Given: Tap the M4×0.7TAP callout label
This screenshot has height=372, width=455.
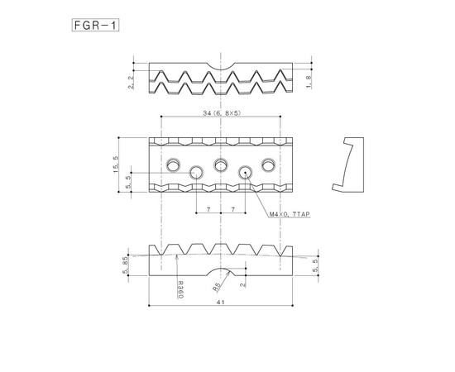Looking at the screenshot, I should [289, 213].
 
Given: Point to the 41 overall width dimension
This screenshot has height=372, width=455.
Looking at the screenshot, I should [221, 303].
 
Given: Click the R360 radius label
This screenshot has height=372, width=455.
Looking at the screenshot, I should [180, 289].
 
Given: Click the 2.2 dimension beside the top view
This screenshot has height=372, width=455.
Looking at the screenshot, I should [131, 83].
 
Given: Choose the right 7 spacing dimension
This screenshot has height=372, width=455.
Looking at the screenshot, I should [235, 210].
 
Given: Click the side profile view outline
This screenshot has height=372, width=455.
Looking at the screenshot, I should [350, 160].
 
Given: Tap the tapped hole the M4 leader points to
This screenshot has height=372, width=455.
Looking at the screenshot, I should [245, 172].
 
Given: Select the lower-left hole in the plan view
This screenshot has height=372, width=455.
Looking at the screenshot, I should [197, 172].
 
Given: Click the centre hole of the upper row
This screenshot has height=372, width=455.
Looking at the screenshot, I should [221, 163].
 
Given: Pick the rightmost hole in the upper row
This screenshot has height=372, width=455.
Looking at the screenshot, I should [269, 163].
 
